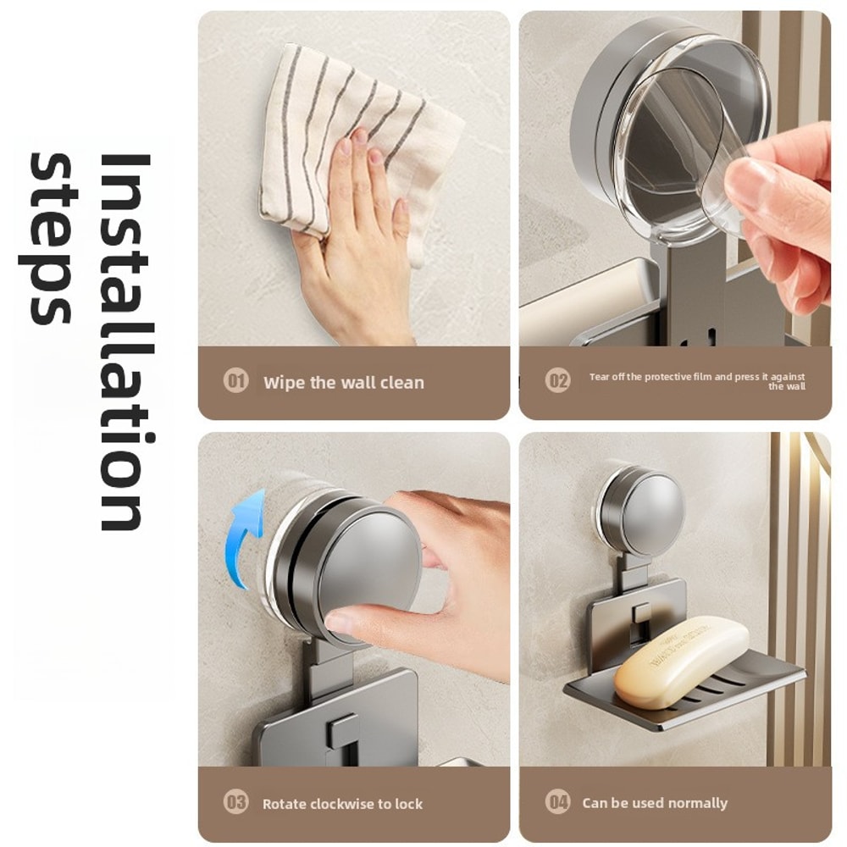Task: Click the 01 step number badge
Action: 235,381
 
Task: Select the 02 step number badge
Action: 557,381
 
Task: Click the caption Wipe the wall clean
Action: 343,383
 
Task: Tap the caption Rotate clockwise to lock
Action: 342,804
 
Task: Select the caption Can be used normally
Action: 655,803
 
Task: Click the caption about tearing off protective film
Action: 696,381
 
